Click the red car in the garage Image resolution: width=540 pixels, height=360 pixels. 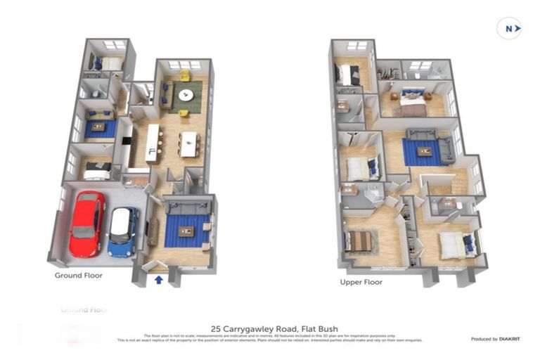pos(86,223)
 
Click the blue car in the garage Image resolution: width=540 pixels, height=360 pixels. pos(122,231)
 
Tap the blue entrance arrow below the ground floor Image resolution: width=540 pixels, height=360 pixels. pos(159,280)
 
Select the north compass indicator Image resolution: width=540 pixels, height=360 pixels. pos(509,28)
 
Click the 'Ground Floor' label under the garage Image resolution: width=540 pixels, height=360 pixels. pos(79,275)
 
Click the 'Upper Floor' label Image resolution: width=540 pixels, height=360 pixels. pos(361,282)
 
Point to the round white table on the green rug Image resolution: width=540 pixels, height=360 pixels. pos(186,95)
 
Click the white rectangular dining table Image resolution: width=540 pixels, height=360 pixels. pos(188,144)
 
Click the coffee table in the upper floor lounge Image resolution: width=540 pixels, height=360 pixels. pos(424,151)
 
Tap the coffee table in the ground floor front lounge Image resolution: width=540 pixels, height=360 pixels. pos(186,231)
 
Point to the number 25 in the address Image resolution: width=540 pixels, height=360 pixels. pos(216,328)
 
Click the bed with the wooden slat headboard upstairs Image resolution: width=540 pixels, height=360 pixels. pos(359,241)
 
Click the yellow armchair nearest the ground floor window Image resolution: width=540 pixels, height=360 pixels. pos(184,75)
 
